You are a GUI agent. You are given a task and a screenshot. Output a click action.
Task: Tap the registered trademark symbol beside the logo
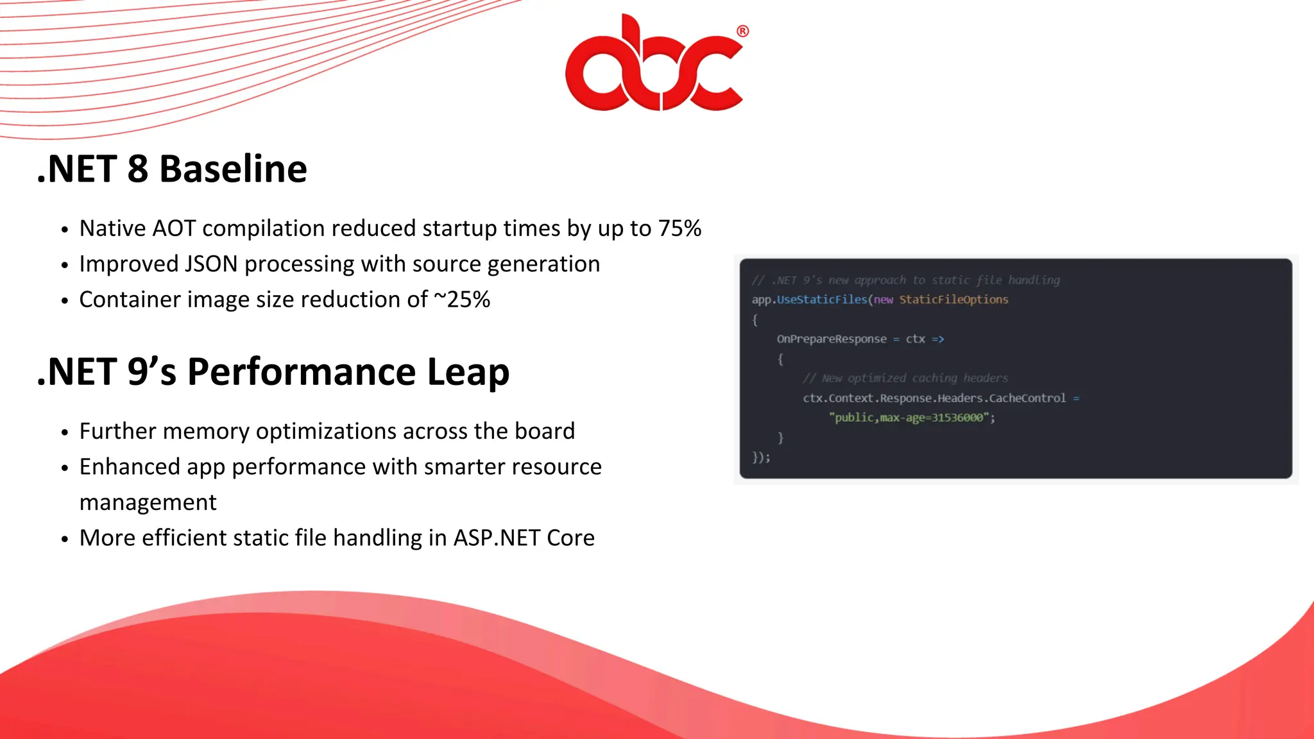point(742,31)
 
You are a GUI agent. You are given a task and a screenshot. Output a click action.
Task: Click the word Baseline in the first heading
point(233,169)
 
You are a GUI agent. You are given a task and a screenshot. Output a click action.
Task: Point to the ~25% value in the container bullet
point(462,300)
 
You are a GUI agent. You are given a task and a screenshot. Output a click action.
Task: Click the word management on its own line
point(148,502)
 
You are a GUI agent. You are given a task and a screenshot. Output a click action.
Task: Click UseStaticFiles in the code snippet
point(822,300)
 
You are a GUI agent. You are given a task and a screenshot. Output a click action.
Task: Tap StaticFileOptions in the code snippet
point(953,300)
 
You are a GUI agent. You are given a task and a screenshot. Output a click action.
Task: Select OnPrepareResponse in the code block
point(832,339)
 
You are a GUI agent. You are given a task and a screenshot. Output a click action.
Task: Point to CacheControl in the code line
point(1027,398)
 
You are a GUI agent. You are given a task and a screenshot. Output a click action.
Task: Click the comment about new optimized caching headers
point(905,378)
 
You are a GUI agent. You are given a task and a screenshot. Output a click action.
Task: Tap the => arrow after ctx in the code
point(938,339)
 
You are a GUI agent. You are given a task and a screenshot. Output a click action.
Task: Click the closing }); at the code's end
point(761,457)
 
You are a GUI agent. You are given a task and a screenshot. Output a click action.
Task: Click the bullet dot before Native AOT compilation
point(64,230)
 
